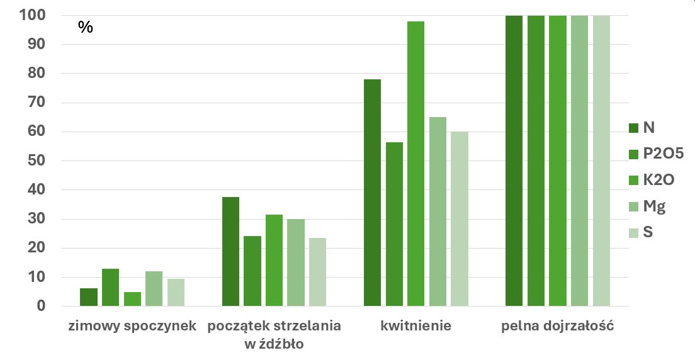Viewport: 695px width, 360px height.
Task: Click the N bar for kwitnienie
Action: point(372,193)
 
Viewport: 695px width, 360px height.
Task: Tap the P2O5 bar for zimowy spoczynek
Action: point(110,288)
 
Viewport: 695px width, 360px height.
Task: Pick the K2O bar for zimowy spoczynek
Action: point(132,300)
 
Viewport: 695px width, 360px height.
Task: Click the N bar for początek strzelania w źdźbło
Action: point(230,252)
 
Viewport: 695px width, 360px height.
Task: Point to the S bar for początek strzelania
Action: point(317,272)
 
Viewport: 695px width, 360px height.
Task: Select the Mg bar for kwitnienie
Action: point(437,211)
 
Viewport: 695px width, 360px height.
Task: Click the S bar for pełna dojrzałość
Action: point(601,160)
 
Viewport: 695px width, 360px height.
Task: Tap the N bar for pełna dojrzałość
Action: point(514,160)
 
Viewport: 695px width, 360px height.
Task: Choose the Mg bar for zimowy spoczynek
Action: point(154,289)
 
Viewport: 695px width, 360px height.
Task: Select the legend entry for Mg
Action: point(654,206)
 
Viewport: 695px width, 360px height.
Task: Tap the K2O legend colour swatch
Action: point(633,180)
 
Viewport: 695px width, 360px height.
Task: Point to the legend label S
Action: point(648,233)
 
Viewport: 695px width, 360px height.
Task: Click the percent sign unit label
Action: point(85,27)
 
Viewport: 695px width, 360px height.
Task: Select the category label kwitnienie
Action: point(415,327)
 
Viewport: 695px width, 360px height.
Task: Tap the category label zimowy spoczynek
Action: point(132,327)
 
